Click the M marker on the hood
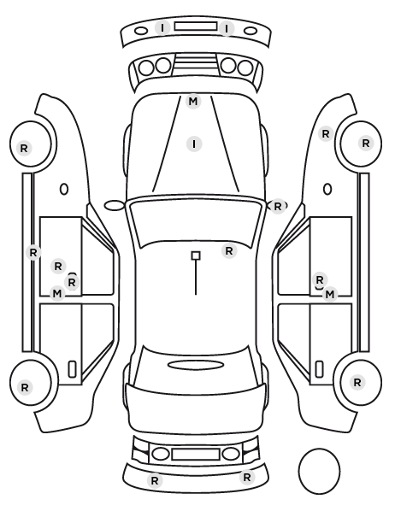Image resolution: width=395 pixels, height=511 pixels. (x=192, y=102)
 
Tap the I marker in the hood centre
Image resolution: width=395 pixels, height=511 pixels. (x=194, y=144)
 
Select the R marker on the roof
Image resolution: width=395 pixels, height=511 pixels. (x=229, y=251)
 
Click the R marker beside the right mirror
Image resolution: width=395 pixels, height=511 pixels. (x=278, y=206)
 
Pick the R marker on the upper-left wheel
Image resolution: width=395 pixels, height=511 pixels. (x=24, y=149)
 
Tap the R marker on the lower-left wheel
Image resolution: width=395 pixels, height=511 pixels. (x=25, y=387)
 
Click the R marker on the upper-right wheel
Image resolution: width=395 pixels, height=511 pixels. (x=366, y=143)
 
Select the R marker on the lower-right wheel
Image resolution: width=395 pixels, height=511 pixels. (x=357, y=382)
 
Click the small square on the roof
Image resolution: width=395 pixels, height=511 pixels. (x=196, y=255)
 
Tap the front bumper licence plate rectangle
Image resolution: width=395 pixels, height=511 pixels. (x=196, y=26)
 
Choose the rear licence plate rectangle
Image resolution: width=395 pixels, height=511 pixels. (x=196, y=455)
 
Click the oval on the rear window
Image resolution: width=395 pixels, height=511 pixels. (x=196, y=365)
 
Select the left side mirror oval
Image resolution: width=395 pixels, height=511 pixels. (x=114, y=206)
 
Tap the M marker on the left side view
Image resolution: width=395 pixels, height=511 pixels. (x=57, y=294)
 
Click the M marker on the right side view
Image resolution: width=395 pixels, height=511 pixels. (x=330, y=295)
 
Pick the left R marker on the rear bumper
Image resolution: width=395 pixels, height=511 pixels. (x=155, y=480)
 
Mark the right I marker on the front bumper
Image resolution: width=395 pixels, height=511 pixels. (x=227, y=29)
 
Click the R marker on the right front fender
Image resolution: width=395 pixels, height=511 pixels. (x=326, y=133)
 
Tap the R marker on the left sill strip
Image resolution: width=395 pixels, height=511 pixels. (x=33, y=252)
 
